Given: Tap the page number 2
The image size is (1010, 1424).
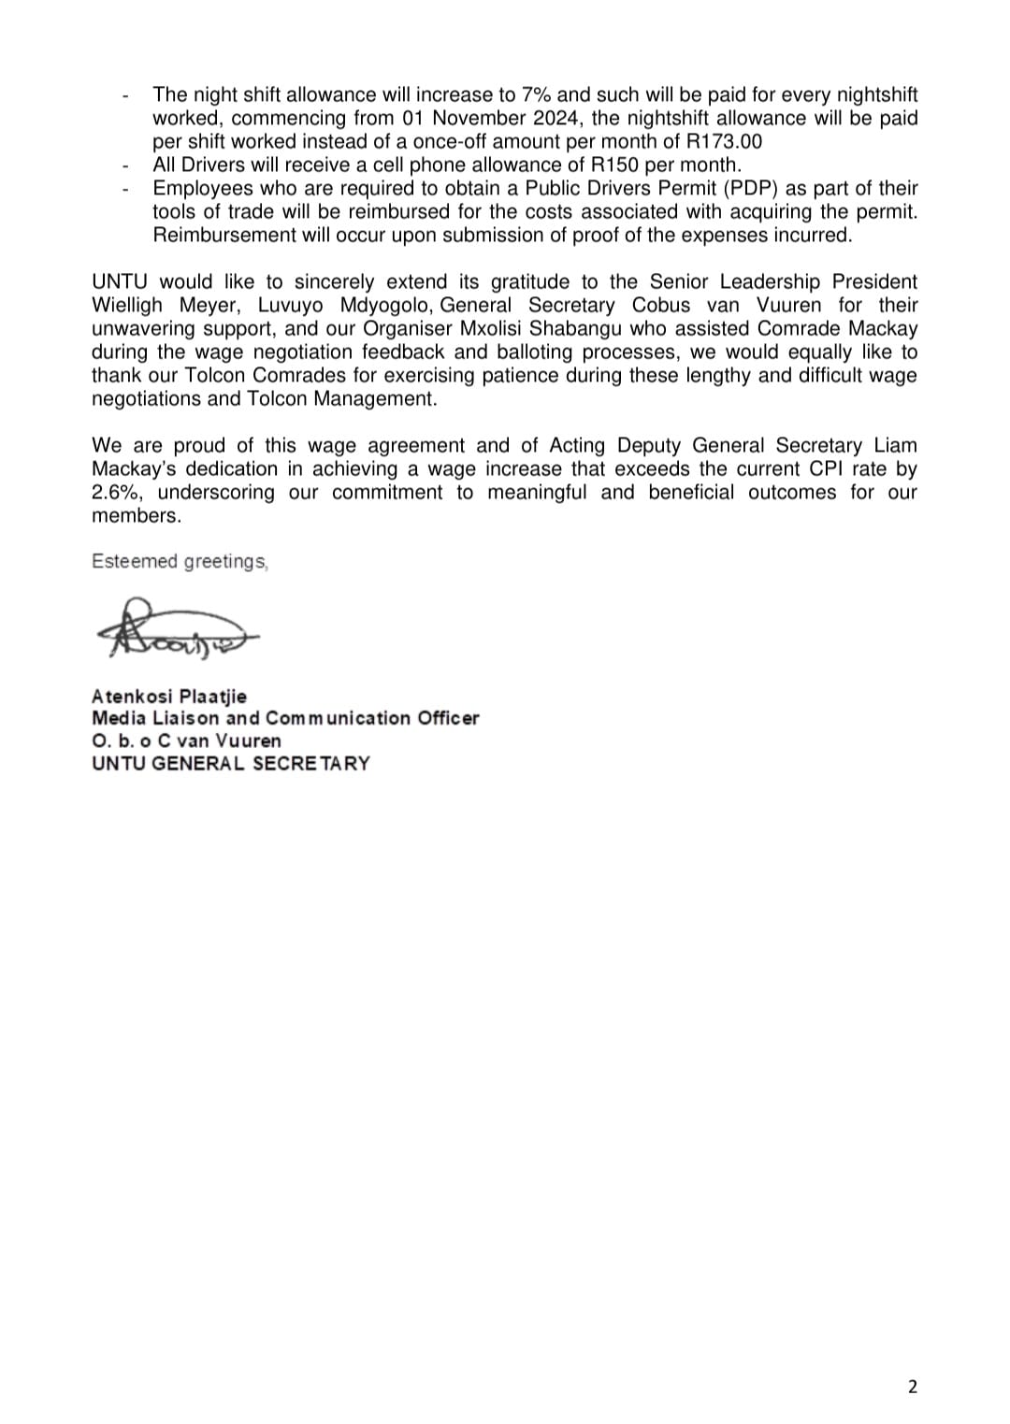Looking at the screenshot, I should [x=913, y=1387].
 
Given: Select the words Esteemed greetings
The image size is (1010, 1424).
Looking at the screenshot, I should [x=180, y=562].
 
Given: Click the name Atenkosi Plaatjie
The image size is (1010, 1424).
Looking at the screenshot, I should [x=169, y=697].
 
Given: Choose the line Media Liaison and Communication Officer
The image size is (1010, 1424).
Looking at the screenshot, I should [x=285, y=719].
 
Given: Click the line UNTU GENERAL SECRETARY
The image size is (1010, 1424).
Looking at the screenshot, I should [x=230, y=764].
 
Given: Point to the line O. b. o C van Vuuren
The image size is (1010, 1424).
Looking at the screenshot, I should [x=186, y=741].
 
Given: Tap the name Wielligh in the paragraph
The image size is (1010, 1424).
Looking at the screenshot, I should [x=126, y=306].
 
